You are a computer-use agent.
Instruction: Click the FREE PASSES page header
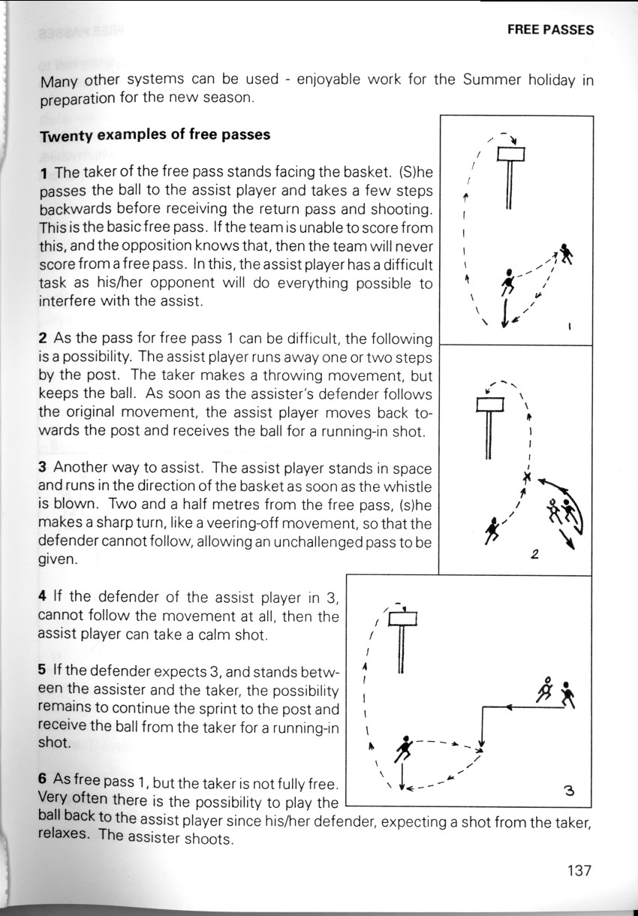(550, 30)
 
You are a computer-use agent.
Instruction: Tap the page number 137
(580, 870)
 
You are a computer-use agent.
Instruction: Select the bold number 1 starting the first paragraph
(45, 173)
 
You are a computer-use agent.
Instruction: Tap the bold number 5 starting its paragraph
(43, 671)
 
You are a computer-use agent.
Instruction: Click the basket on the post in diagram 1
(509, 155)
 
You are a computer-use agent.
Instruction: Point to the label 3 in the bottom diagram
(568, 790)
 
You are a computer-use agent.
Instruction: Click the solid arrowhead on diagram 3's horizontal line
(509, 707)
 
